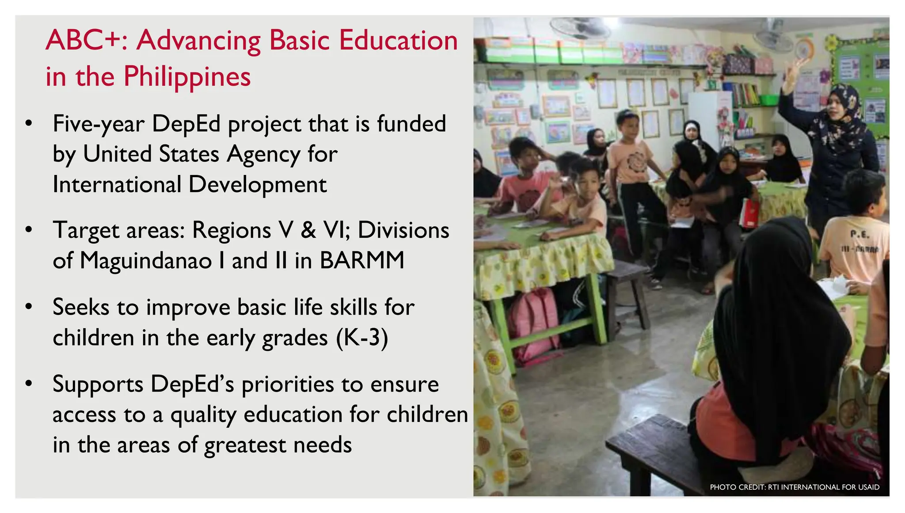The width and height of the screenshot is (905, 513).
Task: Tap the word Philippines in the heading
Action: (x=187, y=77)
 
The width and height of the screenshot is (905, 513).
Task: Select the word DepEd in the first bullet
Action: (x=186, y=124)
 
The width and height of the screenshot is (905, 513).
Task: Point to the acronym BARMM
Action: (x=362, y=260)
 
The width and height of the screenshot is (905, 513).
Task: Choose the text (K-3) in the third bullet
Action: (x=362, y=338)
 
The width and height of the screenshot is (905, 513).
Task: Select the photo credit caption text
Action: (x=794, y=487)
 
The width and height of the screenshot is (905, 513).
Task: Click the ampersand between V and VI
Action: (x=308, y=230)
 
